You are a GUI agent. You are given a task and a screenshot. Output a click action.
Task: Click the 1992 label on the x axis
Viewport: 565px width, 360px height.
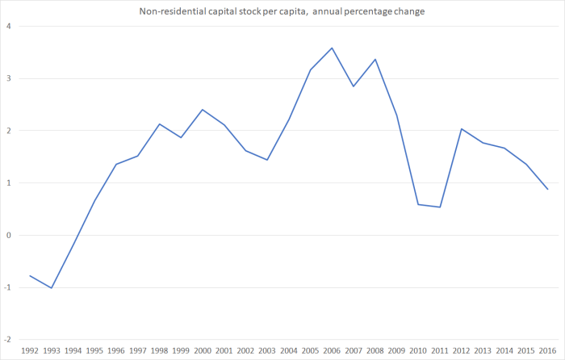[30, 352]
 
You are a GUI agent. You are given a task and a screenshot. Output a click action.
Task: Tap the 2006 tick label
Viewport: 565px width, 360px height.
[332, 352]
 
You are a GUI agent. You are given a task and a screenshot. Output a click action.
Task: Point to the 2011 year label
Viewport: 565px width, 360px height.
[439, 352]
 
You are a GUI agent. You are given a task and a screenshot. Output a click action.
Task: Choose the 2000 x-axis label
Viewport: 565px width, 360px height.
[202, 352]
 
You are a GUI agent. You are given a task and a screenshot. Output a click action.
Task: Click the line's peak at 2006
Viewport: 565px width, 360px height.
[332, 48]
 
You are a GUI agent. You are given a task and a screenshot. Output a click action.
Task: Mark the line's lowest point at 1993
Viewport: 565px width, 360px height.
[52, 287]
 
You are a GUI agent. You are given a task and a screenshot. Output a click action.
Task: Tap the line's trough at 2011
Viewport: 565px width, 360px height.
[439, 207]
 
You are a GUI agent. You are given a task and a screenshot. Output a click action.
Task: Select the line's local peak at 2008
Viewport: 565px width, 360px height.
[375, 59]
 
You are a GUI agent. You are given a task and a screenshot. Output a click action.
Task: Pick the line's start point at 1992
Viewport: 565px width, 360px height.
[30, 275]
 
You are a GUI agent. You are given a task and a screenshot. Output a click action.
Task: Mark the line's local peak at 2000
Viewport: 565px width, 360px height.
[202, 109]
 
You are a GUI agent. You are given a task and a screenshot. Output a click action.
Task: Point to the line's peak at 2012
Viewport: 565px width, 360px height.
[461, 128]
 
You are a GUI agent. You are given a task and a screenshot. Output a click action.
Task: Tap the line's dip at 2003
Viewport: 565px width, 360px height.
[266, 160]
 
